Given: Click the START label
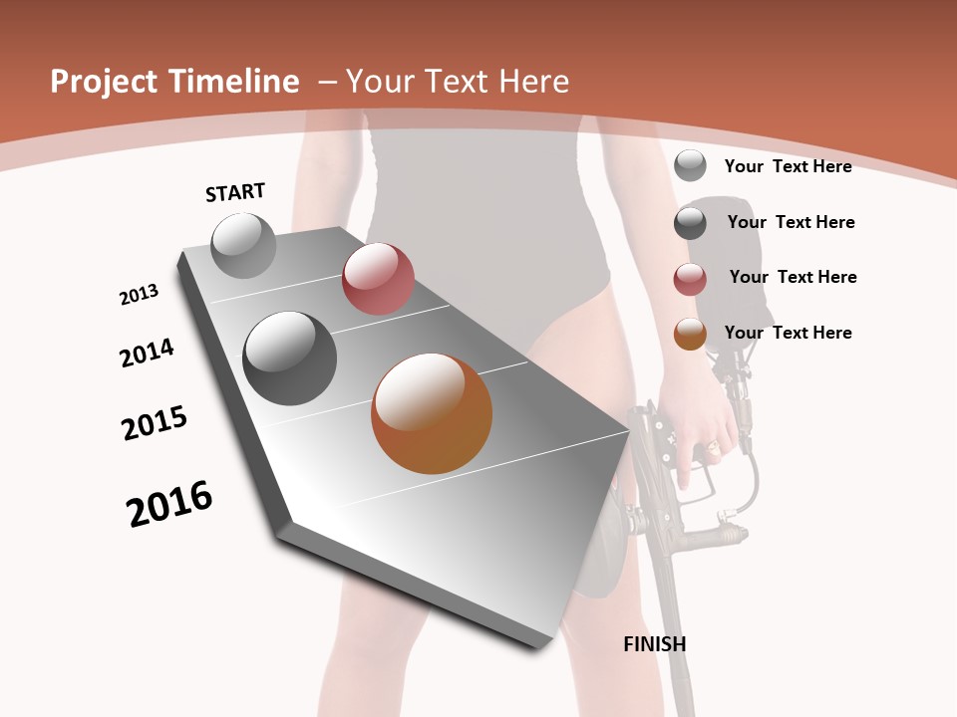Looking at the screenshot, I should tap(235, 192).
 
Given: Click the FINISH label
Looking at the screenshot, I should tap(655, 644).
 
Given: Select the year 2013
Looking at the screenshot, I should tap(140, 295).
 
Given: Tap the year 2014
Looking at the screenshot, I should tap(148, 353).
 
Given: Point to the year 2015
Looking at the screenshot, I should tap(155, 423).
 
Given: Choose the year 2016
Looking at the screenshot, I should tap(170, 503).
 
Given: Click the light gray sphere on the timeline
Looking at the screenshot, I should tap(244, 245).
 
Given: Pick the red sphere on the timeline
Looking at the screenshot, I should tap(378, 279).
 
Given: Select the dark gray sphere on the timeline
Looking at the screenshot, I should tap(290, 358).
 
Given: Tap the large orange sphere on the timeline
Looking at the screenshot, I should tap(432, 413).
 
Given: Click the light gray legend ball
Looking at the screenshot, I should tap(690, 165).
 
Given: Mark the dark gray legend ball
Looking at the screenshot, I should tap(690, 223).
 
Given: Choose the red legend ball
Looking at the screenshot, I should tap(690, 279).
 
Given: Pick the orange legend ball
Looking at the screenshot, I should tap(690, 334).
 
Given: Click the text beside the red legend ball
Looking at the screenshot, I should tap(793, 277).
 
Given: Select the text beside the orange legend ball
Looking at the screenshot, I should tap(789, 333).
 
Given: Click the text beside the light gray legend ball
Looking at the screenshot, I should tap(789, 166).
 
